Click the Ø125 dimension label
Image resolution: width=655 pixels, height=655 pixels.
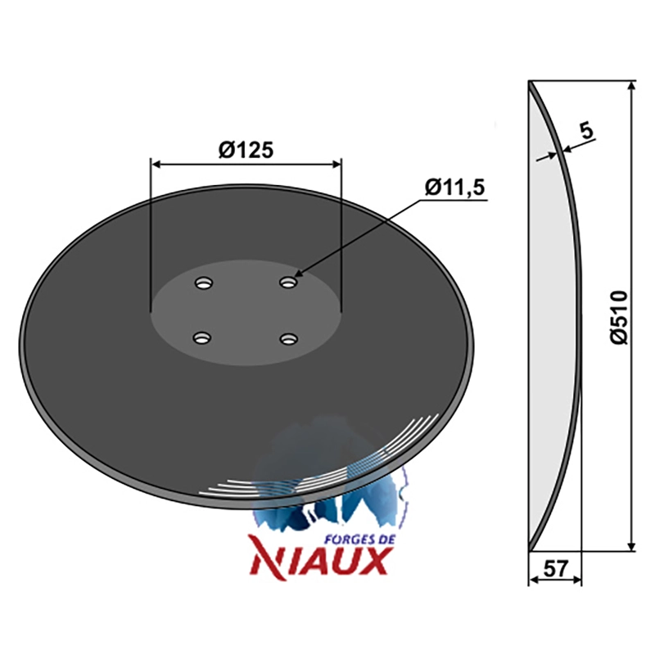246,150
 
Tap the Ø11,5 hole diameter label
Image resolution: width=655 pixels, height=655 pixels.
454,187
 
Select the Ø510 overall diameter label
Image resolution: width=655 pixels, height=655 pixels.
619,318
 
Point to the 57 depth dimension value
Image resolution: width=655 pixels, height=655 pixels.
555,568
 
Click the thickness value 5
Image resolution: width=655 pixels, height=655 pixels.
586,131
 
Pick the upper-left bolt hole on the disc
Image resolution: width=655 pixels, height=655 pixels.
204,283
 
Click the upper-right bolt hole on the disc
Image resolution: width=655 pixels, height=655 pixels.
288,282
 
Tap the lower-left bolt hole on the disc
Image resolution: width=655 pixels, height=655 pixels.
202,337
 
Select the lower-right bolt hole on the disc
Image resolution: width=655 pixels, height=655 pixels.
289,338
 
